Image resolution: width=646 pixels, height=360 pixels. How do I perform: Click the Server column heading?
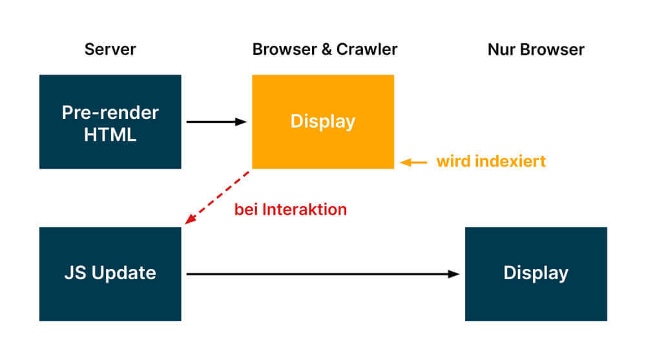[110, 50]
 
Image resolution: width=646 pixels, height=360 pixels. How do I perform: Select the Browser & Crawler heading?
[325, 50]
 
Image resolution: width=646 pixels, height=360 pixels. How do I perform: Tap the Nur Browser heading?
[536, 50]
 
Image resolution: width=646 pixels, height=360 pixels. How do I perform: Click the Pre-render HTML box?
[110, 122]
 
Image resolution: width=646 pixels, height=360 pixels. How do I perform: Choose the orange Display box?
[323, 122]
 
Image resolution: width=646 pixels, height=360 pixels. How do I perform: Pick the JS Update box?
[110, 274]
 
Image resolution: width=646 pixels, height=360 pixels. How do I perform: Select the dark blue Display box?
[536, 274]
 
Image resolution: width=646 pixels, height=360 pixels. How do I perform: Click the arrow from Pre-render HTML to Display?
[216, 122]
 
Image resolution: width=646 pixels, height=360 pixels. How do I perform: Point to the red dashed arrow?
[217, 198]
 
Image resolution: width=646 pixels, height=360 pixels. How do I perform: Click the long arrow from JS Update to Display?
[322, 274]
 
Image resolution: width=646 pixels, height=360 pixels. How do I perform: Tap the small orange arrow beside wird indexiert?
[413, 162]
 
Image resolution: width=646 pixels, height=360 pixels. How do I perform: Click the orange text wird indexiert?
[491, 161]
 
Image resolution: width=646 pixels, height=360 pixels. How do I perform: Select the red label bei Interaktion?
[291, 209]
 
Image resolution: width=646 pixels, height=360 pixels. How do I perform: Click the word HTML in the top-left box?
[110, 135]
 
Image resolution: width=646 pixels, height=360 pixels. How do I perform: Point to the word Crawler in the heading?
[367, 50]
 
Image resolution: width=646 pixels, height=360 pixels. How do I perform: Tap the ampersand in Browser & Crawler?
[326, 50]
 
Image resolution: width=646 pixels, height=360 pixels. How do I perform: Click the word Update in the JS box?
[123, 273]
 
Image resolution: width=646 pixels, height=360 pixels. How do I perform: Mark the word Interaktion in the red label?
[304, 209]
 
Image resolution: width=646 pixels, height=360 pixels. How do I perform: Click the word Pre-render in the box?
[110, 112]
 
